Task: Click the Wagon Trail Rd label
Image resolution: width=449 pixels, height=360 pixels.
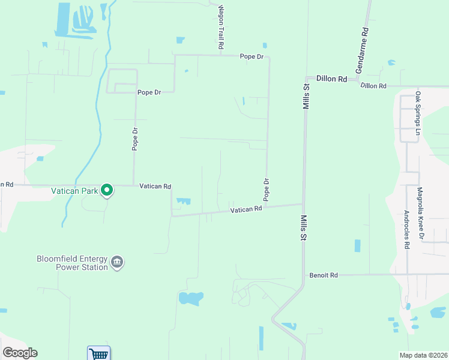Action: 221,28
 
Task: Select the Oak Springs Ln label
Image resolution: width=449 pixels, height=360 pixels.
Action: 418,113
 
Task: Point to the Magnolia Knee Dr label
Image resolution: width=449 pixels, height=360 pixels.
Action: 421,213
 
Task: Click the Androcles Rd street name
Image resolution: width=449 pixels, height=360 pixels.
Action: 406,229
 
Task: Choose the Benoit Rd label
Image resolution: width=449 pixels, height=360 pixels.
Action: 324,275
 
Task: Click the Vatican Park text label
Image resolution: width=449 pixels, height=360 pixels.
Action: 74,191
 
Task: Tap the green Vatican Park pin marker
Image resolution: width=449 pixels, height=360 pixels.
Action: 107,190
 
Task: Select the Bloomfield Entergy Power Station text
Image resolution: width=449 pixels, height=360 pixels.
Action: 72,263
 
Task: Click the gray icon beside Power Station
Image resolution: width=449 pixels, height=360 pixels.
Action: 117,262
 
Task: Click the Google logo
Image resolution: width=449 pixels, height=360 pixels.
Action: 19,353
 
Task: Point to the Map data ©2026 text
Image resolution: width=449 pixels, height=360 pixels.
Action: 424,355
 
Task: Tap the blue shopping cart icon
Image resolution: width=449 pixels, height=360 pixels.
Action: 98,353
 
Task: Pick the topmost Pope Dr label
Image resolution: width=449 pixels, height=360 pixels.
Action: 252,56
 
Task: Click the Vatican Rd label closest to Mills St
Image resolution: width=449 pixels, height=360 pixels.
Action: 247,209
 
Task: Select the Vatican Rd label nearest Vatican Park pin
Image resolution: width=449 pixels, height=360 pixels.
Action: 155,186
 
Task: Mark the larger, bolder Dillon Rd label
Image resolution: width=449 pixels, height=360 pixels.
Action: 332,79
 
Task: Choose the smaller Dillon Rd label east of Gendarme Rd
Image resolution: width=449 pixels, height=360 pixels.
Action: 373,86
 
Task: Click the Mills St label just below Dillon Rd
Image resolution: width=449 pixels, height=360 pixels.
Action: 306,96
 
